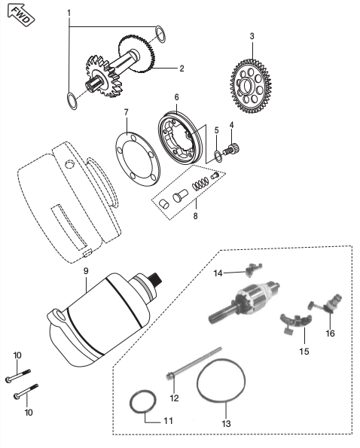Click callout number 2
tap(182, 69)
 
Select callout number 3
tap(252, 35)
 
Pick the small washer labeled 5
tap(217, 155)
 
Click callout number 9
tap(86, 269)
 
